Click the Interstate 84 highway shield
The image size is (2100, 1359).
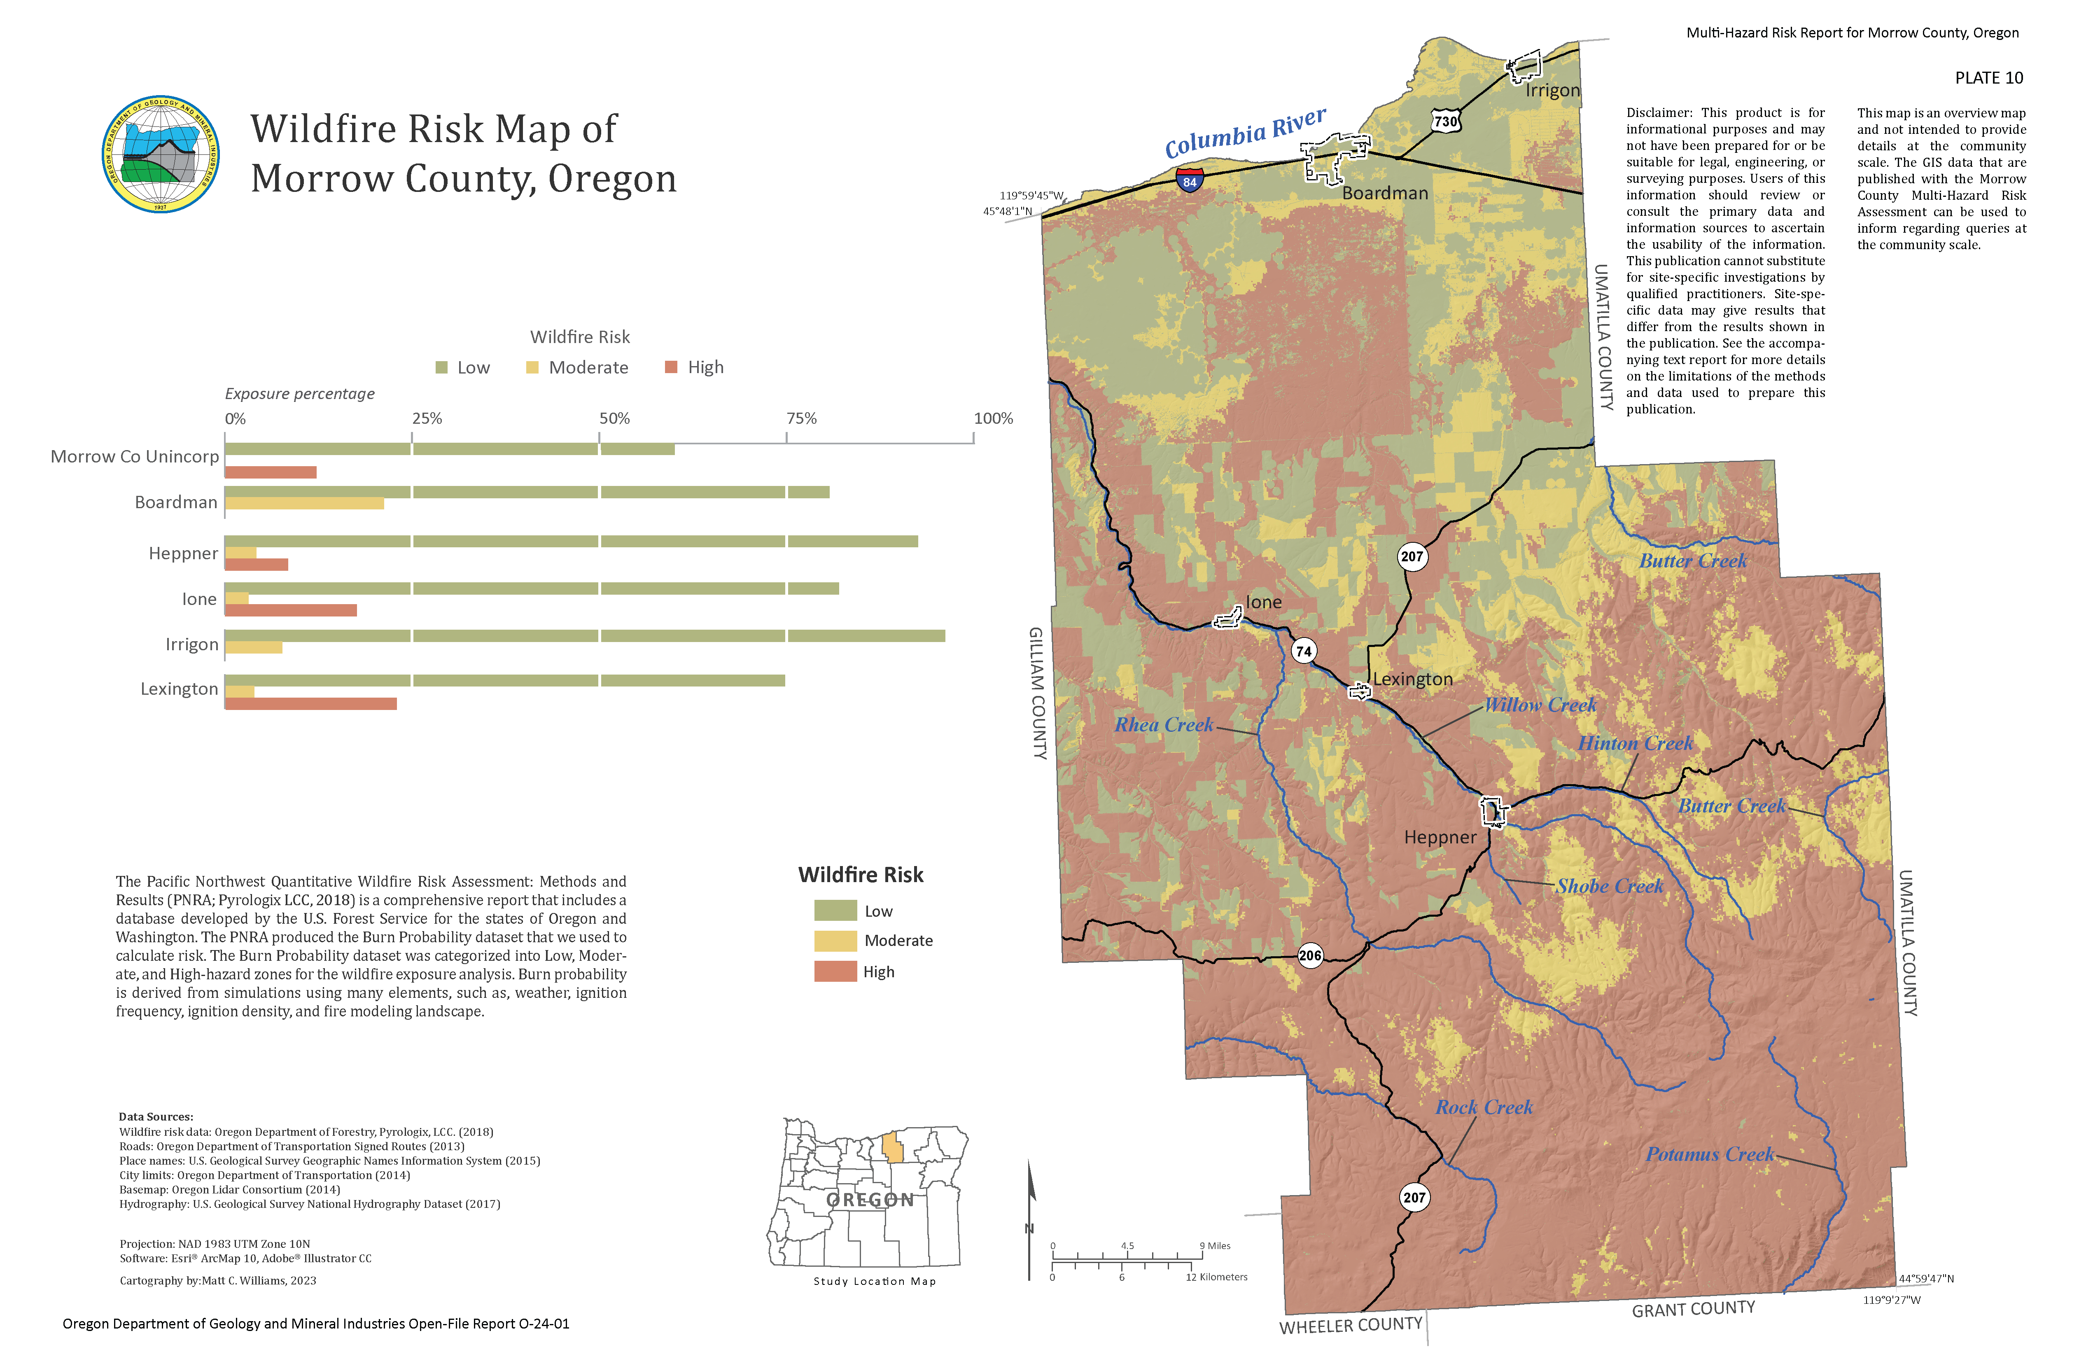tap(1190, 180)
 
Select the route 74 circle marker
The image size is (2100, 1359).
tap(1303, 651)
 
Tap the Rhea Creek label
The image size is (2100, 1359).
tap(1163, 724)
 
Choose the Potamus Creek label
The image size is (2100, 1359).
tap(1709, 1154)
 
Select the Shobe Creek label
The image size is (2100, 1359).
tap(1610, 886)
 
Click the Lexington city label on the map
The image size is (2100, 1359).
tap(1413, 679)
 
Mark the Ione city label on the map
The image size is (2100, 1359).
tap(1264, 602)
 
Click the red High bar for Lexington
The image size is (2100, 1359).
tap(310, 703)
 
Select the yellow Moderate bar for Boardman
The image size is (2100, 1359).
tap(304, 503)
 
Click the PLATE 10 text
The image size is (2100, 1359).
tap(1988, 78)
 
